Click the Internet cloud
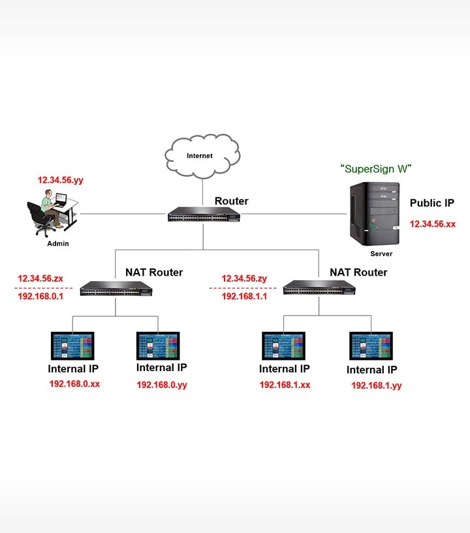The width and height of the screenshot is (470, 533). [x=200, y=156]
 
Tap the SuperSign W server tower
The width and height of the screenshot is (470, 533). [x=374, y=214]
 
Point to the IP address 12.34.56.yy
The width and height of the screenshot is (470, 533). [x=61, y=179]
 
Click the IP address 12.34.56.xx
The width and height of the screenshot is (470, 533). [x=432, y=224]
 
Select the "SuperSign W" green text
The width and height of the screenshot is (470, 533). [x=376, y=169]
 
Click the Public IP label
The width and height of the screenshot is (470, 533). [x=431, y=203]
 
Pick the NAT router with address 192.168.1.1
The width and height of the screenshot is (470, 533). [x=320, y=289]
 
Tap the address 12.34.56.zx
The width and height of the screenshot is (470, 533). [x=40, y=278]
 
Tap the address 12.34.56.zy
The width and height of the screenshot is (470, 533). [x=244, y=278]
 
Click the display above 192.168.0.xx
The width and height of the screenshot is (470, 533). [x=72, y=346]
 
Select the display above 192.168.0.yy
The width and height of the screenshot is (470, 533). [x=158, y=346]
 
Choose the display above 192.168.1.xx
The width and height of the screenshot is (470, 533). [x=283, y=346]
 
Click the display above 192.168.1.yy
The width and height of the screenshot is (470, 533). [x=371, y=346]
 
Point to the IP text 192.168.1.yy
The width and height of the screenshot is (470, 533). [x=376, y=386]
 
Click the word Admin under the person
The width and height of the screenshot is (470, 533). [x=57, y=244]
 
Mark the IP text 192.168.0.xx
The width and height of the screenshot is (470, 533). [x=74, y=384]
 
